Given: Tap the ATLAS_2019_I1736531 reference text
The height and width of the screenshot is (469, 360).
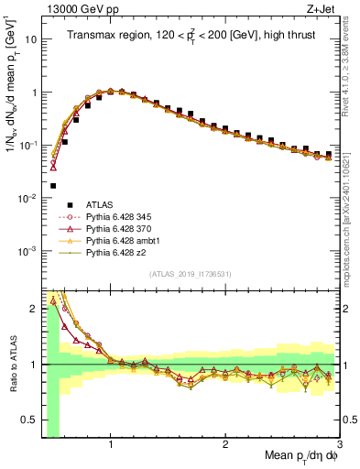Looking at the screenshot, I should click(191, 274).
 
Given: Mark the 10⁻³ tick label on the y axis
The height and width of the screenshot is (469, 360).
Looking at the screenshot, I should click(29, 250).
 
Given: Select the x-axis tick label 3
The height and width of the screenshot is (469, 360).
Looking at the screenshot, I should click(339, 443).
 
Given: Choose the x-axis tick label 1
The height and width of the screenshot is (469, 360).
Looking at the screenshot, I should click(111, 443).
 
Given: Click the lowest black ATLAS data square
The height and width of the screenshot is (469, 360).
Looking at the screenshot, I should click(54, 185).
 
